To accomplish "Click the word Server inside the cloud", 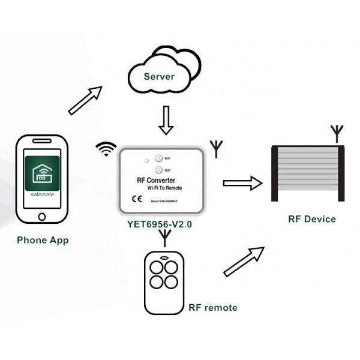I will (x=159, y=77).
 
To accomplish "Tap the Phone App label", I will (x=43, y=240).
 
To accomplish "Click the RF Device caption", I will (x=311, y=219).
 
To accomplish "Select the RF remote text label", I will (x=212, y=308).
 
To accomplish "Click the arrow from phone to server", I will (x=85, y=100).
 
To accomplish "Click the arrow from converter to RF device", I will (x=242, y=183).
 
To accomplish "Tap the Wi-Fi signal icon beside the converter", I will (x=106, y=149).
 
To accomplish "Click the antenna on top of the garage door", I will (x=337, y=133).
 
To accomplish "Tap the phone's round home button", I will (x=42, y=216).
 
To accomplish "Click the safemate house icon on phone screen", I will (x=42, y=174).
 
